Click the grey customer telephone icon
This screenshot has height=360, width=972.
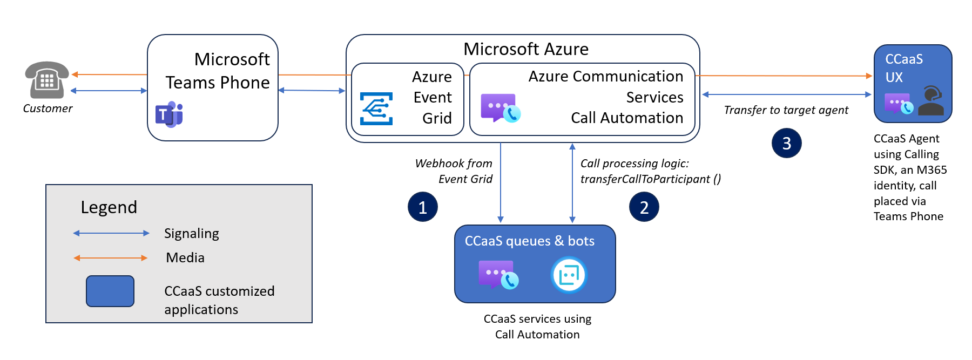(47, 80)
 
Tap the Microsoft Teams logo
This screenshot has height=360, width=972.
(170, 114)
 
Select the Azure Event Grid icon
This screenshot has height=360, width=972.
(376, 108)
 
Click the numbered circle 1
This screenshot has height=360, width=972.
(423, 207)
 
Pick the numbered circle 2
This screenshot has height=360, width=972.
(644, 207)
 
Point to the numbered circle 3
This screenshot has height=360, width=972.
(787, 143)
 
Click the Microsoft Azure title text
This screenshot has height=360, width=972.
(526, 49)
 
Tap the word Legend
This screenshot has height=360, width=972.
(109, 207)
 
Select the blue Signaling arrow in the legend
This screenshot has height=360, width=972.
(111, 233)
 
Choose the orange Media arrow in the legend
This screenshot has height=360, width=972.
(111, 258)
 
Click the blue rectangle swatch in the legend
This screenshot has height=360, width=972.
(110, 291)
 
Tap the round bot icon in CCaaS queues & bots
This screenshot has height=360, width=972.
(569, 275)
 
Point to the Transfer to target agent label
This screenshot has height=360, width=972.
(786, 110)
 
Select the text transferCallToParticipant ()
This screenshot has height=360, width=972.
(651, 179)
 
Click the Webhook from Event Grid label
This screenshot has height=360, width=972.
(454, 171)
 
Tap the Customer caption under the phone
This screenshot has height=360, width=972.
(48, 108)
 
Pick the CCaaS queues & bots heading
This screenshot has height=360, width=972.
(530, 241)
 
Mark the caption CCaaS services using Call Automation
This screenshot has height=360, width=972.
(537, 327)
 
